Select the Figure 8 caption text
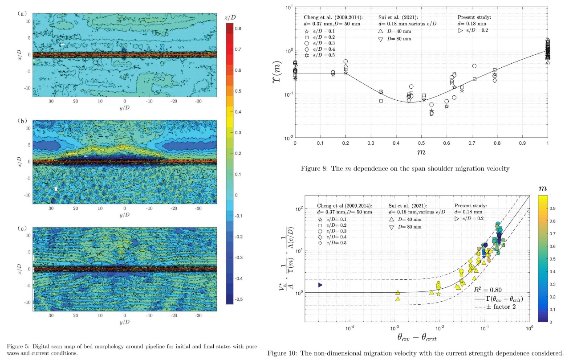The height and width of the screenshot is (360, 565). click(421, 168)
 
